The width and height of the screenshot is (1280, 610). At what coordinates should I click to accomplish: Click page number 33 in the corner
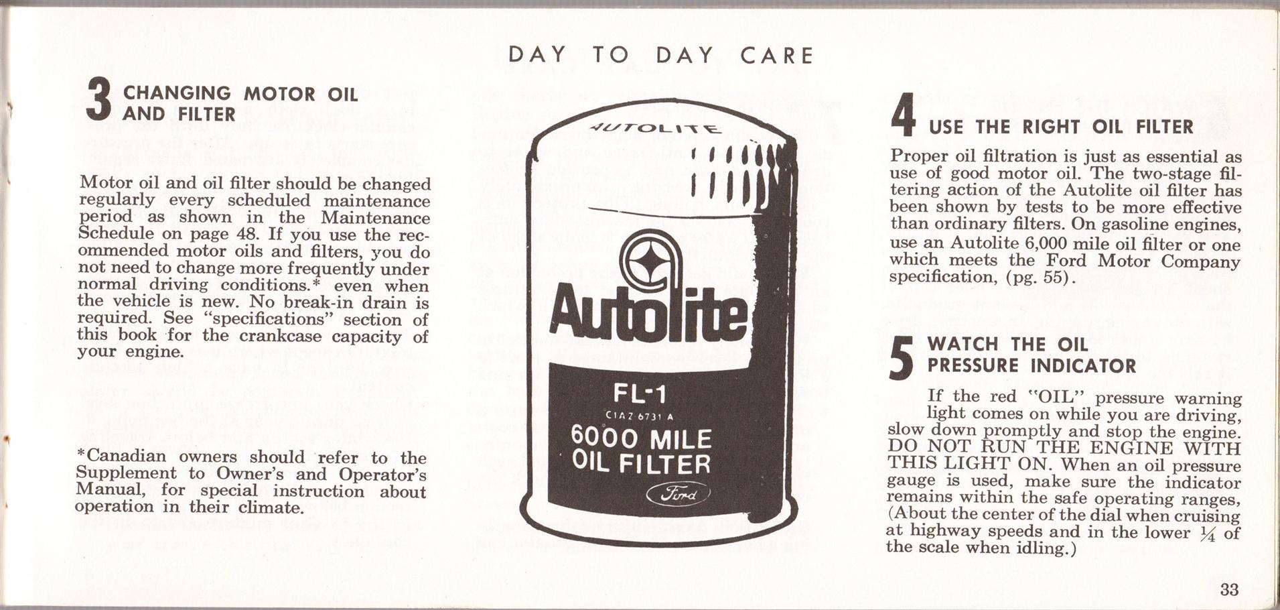tap(1229, 589)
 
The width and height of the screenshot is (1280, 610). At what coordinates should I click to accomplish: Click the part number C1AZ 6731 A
tap(639, 417)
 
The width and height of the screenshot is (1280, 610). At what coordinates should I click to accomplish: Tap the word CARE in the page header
tap(776, 55)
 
